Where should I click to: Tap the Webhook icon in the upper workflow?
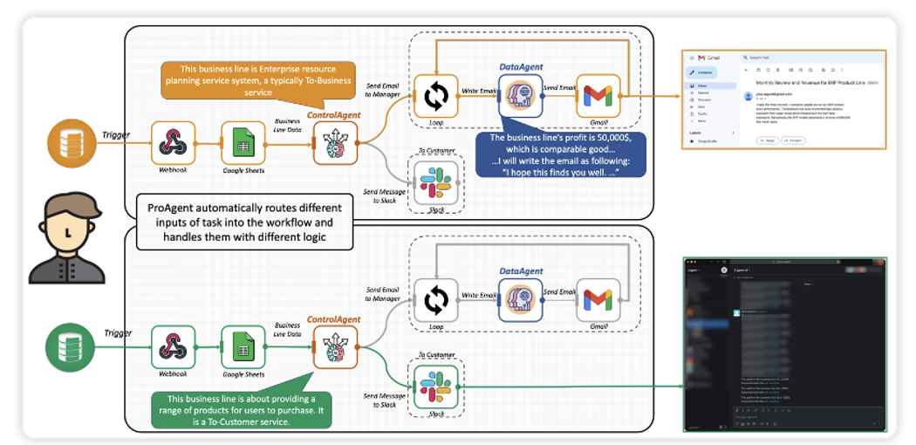[x=173, y=142]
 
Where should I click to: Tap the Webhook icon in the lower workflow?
[x=173, y=347]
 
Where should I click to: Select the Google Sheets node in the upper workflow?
[x=243, y=142]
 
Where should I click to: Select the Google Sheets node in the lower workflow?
[x=243, y=347]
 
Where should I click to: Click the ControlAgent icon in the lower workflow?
[x=335, y=347]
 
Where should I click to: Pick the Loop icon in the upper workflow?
[x=436, y=96]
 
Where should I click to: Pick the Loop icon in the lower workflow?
[x=436, y=301]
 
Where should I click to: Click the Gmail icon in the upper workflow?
[x=598, y=96]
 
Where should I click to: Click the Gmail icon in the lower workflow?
[x=598, y=301]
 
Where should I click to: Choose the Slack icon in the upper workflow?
[x=436, y=181]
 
